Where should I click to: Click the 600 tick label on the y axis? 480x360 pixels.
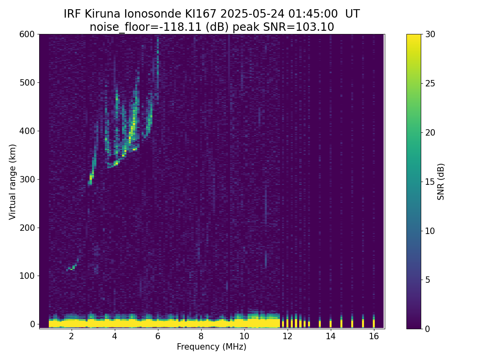point(27,34)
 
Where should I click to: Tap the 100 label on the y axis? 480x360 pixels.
point(27,276)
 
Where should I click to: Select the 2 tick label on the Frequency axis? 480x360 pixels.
point(71,336)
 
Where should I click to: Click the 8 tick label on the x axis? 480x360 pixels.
point(201,336)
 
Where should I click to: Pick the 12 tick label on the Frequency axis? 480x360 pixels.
point(287,336)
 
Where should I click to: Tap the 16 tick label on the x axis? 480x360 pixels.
point(374,336)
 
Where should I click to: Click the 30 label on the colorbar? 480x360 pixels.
point(430,34)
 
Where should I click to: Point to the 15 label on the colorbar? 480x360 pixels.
point(430,182)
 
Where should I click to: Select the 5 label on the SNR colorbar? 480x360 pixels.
point(428,280)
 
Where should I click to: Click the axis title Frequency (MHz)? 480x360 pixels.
point(212,347)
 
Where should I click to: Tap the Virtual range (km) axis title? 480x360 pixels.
point(12,182)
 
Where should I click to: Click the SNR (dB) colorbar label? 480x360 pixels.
point(440,182)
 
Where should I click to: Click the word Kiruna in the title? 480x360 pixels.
point(102,14)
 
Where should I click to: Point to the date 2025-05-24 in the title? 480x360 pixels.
point(252,14)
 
